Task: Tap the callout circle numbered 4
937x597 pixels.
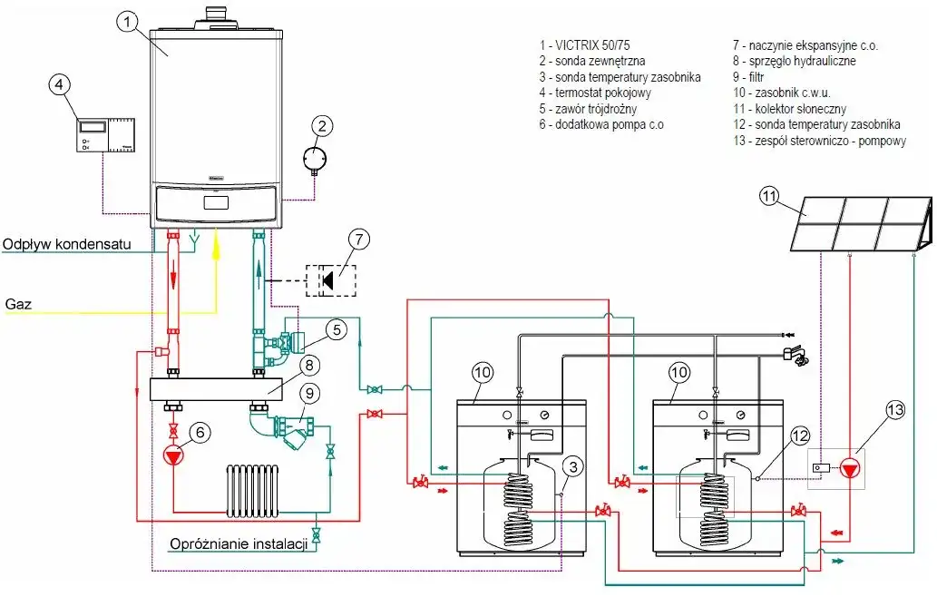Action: pos(59,85)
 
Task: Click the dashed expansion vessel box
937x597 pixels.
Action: pos(331,278)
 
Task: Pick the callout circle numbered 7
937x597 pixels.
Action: pos(359,240)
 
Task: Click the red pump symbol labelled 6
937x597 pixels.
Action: pos(173,455)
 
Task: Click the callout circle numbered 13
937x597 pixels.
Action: pos(894,410)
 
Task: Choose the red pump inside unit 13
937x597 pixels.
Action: pos(850,468)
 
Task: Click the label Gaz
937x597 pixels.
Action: pos(18,304)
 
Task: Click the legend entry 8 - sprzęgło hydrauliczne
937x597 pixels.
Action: pos(794,61)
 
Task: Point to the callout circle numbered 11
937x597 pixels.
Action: pos(769,197)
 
